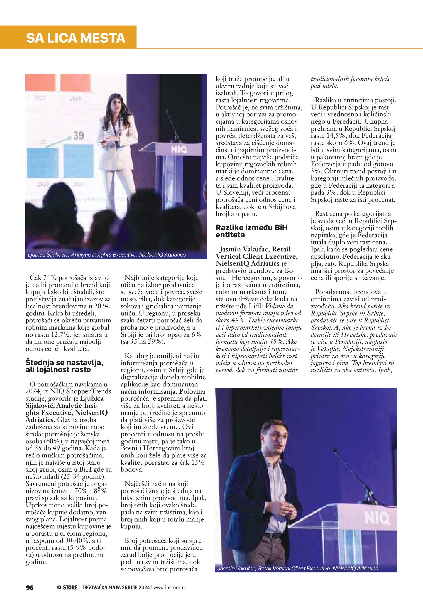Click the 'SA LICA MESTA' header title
click(x=76, y=38)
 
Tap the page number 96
click(x=30, y=587)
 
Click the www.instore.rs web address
click(x=170, y=587)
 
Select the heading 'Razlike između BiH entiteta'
click(x=251, y=231)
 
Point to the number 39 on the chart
click(x=78, y=136)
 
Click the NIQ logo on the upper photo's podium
click(x=179, y=150)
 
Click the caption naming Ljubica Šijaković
click(x=107, y=255)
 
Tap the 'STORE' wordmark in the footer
click(x=70, y=587)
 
